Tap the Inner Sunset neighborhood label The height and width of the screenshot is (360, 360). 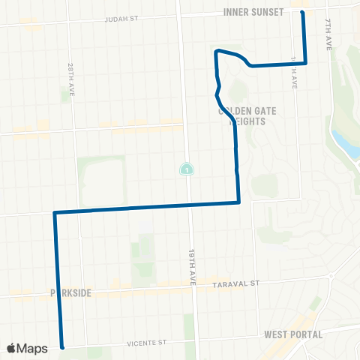point(253,12)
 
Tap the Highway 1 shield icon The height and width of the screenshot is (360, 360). point(185,169)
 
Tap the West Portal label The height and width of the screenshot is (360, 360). point(292,334)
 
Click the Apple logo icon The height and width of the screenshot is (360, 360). point(12,347)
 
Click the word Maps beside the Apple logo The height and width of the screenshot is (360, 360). point(33,347)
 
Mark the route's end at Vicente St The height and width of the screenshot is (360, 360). point(62,347)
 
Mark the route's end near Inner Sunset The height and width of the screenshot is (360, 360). point(302,12)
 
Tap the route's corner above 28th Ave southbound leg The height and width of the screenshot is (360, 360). point(55,213)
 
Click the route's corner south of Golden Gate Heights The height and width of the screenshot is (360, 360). point(238,202)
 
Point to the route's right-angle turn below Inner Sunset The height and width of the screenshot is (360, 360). point(305,64)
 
